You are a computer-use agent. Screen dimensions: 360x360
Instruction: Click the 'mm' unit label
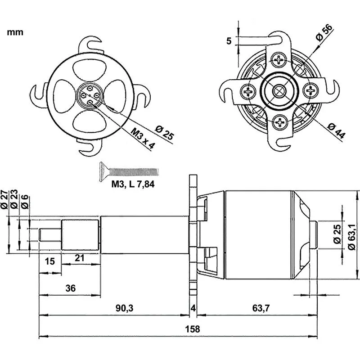pos(15,32)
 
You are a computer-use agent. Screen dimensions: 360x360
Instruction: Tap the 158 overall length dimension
pos(193,329)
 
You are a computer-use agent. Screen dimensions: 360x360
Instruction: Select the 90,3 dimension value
pos(125,308)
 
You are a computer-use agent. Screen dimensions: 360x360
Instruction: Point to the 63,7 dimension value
pos(261,308)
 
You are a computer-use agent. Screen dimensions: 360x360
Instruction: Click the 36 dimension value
pos(71,288)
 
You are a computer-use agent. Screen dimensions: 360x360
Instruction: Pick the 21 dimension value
pos(80,258)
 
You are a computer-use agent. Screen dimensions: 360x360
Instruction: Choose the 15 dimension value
pos(50,261)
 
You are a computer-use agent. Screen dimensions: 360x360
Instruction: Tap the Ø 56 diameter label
pos(324,32)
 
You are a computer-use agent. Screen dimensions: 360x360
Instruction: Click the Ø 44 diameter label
pos(336,131)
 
